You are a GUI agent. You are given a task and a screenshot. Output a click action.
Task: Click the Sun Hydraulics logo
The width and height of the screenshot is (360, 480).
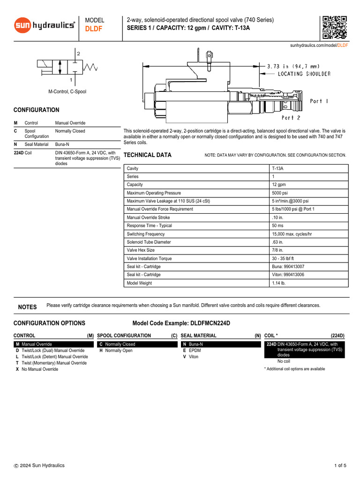coord(44,25)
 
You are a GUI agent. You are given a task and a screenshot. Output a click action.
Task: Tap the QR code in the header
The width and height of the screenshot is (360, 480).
coord(335,28)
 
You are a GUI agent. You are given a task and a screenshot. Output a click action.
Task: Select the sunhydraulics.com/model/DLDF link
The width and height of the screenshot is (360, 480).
coord(319,45)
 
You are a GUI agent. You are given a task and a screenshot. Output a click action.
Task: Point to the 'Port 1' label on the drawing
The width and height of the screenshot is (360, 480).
coord(319,101)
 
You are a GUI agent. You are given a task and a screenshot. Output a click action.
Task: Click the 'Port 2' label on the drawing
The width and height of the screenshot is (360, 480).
coord(291,118)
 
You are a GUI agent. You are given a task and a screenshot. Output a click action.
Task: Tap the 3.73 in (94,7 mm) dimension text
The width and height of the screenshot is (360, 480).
coord(293,66)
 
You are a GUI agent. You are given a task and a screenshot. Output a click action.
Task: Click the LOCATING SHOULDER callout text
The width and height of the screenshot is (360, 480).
coord(304,74)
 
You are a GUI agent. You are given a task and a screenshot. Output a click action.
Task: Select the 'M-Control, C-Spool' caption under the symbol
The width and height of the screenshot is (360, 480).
coord(67,91)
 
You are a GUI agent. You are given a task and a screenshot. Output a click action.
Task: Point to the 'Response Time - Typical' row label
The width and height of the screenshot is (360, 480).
coord(149,225)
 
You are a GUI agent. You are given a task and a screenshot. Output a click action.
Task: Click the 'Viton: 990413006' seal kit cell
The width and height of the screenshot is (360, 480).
coord(288,275)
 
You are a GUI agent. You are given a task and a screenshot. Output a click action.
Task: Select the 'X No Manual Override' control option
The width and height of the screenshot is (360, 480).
coord(37,369)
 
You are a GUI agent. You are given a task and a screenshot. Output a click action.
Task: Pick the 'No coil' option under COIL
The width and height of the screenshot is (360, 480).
coord(284,361)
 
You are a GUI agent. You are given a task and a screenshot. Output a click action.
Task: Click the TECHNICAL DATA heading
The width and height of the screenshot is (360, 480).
coord(147,155)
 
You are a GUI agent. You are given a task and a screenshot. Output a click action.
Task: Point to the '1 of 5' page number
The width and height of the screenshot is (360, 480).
coord(340,465)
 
